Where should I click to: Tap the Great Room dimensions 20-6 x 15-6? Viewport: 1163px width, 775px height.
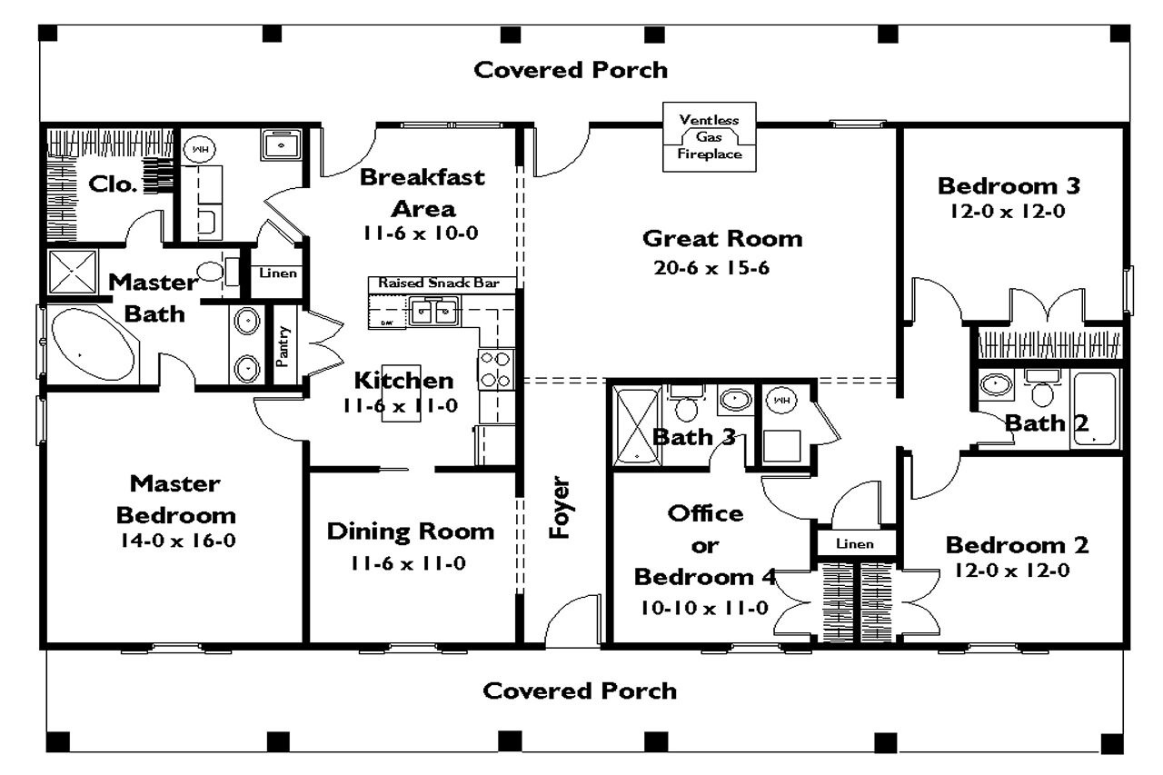click(711, 268)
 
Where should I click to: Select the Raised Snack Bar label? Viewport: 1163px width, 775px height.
click(440, 283)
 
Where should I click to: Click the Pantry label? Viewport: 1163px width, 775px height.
click(282, 346)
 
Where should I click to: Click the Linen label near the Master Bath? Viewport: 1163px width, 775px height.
click(278, 273)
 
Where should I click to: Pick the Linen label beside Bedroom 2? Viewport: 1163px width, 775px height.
click(854, 543)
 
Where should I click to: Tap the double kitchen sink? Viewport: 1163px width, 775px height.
click(432, 312)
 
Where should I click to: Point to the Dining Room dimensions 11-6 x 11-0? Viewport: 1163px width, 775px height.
click(409, 563)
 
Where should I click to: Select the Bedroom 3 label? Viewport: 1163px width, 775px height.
click(1009, 186)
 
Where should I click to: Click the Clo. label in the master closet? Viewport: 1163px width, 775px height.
click(114, 185)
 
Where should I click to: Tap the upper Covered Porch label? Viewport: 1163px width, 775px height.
click(572, 70)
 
